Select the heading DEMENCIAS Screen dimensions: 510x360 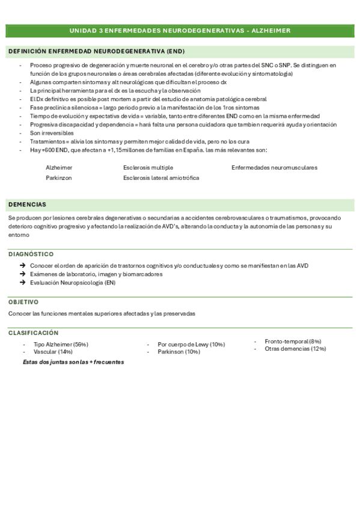coord(27,204)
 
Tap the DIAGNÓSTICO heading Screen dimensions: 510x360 coord(31,254)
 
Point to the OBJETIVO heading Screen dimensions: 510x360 coord(23,302)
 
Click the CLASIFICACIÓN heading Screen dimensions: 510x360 coord(33,333)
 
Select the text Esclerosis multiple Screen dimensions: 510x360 coord(148,167)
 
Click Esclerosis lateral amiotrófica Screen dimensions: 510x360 coord(161,178)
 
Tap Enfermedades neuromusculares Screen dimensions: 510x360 coord(274,167)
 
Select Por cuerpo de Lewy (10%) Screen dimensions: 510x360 coord(191,345)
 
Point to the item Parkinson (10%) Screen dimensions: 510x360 coord(178,352)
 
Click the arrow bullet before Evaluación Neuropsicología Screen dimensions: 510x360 coord(22,283)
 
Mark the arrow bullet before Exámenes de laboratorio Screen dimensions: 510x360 coord(22,274)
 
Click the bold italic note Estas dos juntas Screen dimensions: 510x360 coord(73,362)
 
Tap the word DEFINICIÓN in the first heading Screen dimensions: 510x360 coord(28,52)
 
